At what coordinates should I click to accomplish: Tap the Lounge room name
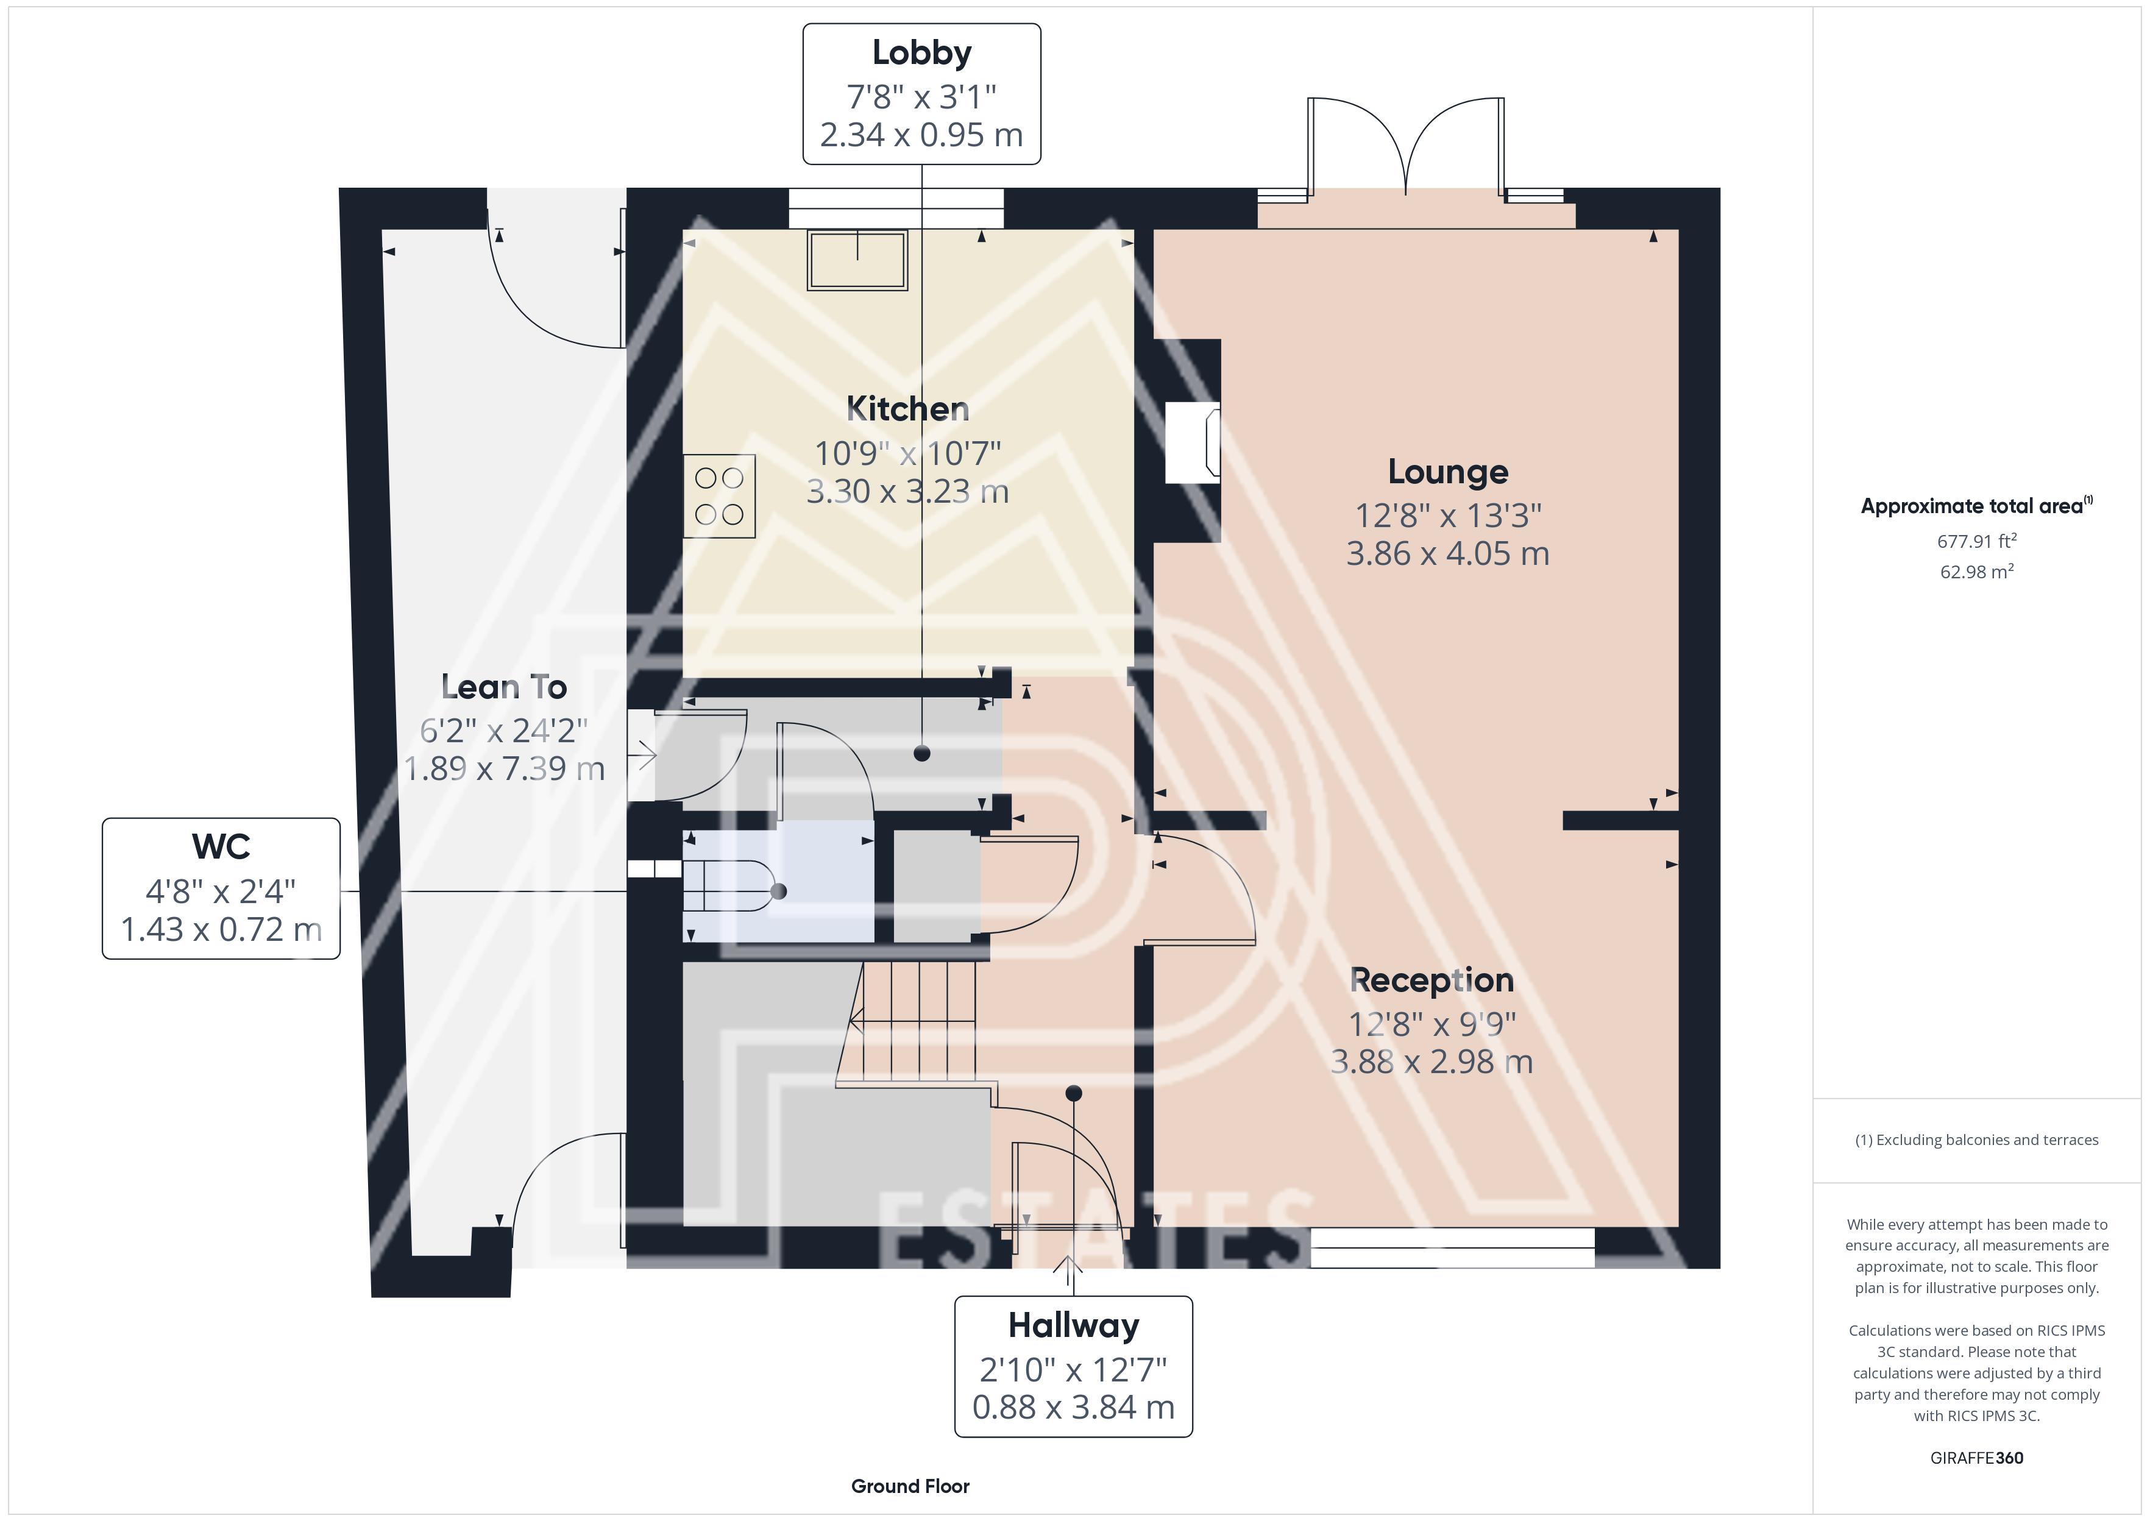coord(1448,472)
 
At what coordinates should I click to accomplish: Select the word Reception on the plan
coord(1432,980)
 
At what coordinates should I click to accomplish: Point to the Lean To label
coord(504,687)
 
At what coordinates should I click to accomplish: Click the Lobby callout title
coord(921,52)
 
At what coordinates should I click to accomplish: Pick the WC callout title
coord(221,846)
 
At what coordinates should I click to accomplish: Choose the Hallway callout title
coord(1073,1325)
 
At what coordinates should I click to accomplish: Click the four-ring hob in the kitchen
coord(719,495)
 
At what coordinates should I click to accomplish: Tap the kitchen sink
coord(858,260)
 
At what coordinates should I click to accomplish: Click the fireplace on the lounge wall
coord(1192,442)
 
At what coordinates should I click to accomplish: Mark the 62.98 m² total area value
coord(1977,572)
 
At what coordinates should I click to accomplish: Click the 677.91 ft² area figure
coord(1977,541)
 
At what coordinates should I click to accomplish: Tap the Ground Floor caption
coord(910,1486)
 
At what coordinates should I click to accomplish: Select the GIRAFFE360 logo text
coord(1977,1458)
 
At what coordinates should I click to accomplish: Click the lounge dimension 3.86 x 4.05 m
coord(1448,553)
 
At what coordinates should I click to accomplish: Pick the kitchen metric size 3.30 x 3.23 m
coord(907,491)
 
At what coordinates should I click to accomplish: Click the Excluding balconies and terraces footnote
coord(1977,1140)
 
